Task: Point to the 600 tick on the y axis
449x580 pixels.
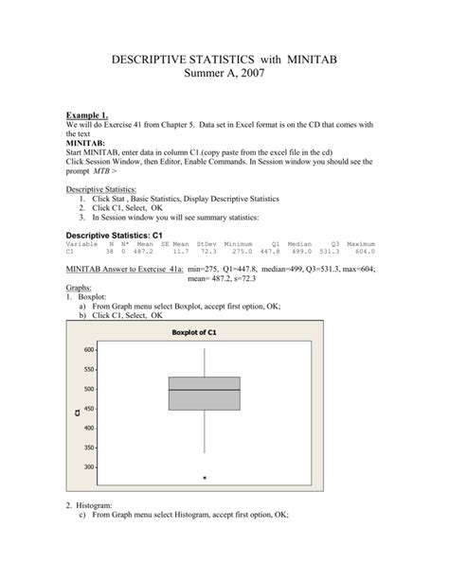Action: (89, 349)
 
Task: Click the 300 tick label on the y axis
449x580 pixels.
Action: (89, 467)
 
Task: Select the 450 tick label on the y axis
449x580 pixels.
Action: (89, 409)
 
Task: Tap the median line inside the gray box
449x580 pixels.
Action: (204, 390)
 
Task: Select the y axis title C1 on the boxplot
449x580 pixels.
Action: (75, 410)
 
